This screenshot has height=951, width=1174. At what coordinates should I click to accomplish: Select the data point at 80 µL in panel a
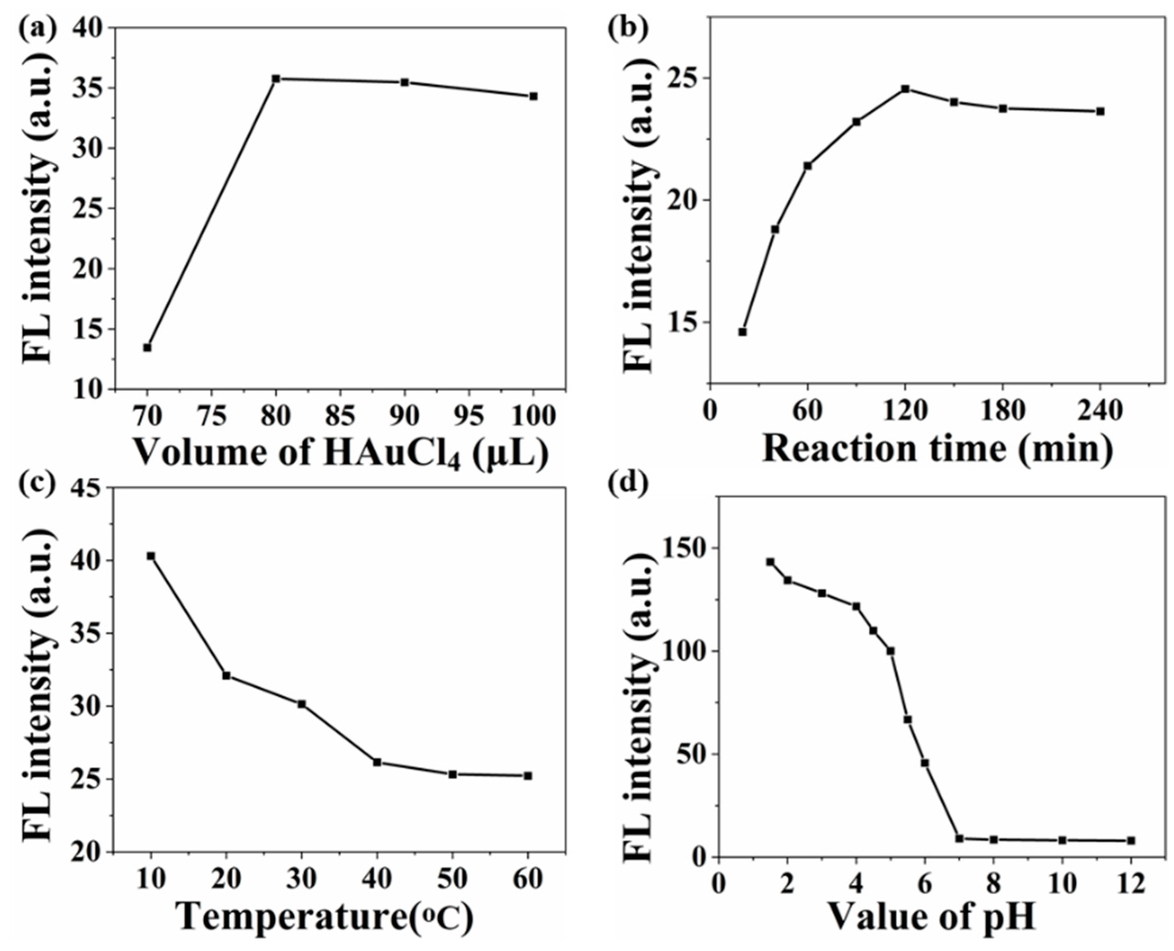coord(276,79)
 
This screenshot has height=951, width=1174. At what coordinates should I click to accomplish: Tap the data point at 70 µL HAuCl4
coord(147,347)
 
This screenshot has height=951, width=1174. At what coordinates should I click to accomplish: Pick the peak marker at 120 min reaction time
coord(906,89)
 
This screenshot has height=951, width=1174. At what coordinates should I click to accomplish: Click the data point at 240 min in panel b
coord(1100,111)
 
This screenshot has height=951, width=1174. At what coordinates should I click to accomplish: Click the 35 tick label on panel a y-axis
coord(87,89)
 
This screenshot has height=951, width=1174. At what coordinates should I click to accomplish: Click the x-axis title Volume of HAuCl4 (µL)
coord(340,455)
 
